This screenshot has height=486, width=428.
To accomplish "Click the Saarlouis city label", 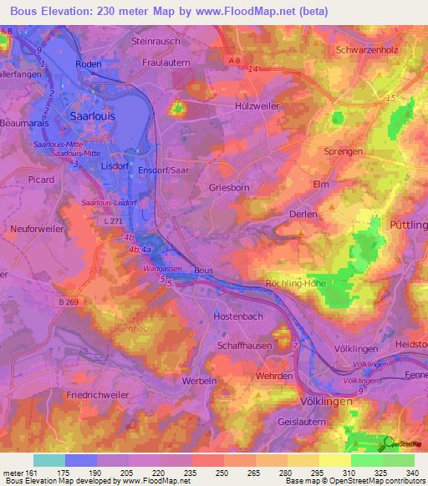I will pos(94,116).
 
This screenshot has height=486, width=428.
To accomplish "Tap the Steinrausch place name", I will pos(156,40).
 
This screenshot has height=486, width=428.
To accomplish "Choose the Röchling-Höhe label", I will pos(297,285).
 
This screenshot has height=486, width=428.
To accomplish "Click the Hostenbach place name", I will pos(238,317).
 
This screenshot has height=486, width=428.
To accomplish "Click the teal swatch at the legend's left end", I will pos(48,460).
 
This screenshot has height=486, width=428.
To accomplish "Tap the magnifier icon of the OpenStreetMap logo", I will pos(389,443).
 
